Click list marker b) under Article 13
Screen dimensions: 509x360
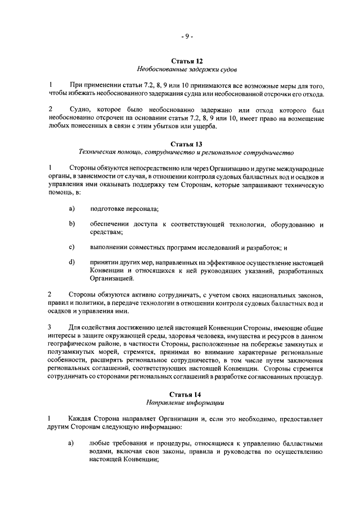click(x=72, y=224)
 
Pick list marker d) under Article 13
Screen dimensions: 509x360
click(x=72, y=262)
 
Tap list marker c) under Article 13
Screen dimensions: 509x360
click(x=72, y=247)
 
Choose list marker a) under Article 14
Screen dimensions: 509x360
click(x=72, y=443)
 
